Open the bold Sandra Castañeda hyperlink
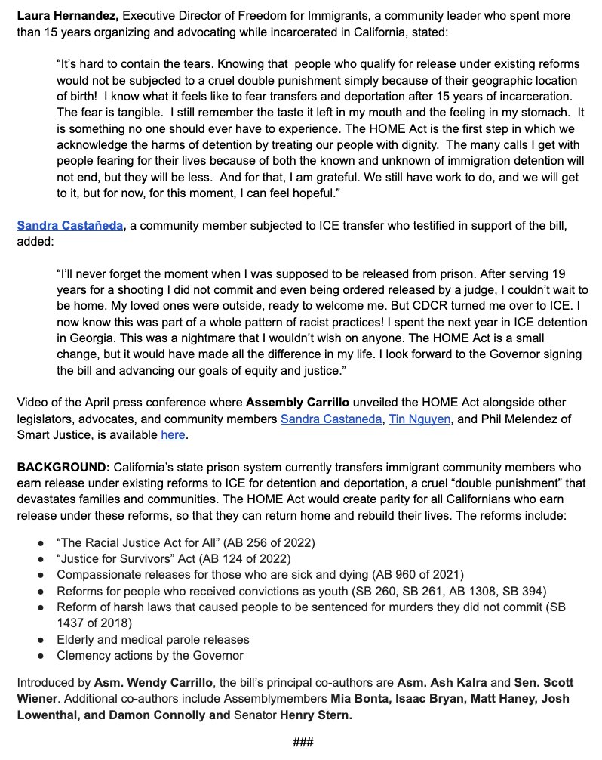coord(69,225)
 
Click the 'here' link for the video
coord(171,435)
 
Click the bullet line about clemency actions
coord(150,655)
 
